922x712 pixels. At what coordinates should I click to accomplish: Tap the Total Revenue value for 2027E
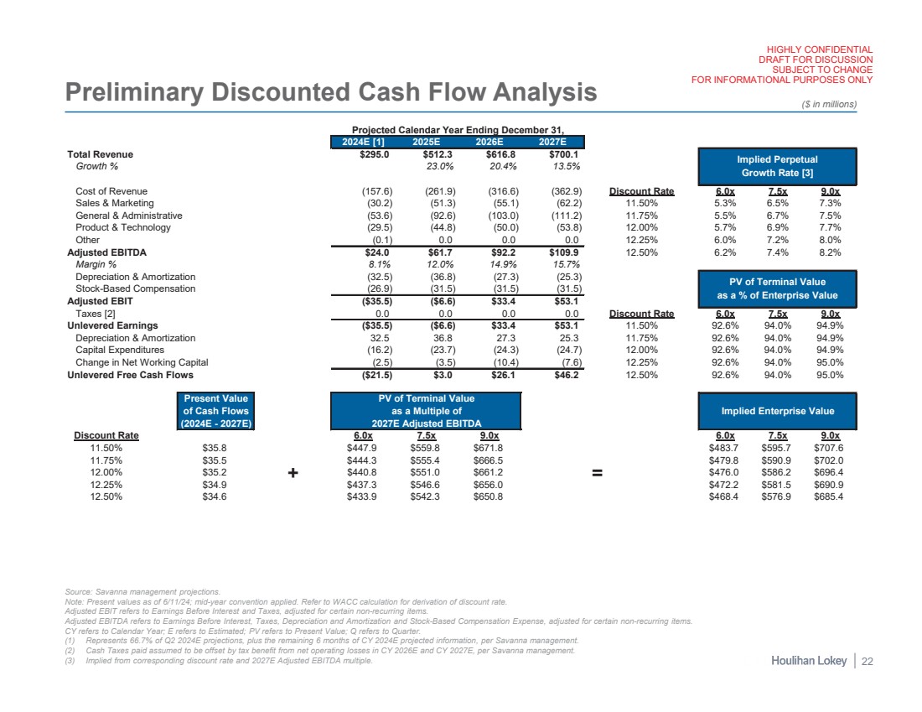point(564,154)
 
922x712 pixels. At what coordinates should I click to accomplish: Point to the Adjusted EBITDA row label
point(109,252)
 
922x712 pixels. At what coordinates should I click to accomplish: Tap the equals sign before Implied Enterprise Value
point(598,474)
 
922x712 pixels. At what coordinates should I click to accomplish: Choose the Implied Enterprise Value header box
point(777,411)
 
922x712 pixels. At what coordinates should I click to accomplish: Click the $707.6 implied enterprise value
point(827,449)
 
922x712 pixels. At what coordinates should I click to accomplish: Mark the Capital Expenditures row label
point(120,350)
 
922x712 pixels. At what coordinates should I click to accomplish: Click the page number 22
point(868,662)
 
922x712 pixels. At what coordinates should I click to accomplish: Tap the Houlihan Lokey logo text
point(808,662)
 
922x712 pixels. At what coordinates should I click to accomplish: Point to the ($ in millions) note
point(829,104)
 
